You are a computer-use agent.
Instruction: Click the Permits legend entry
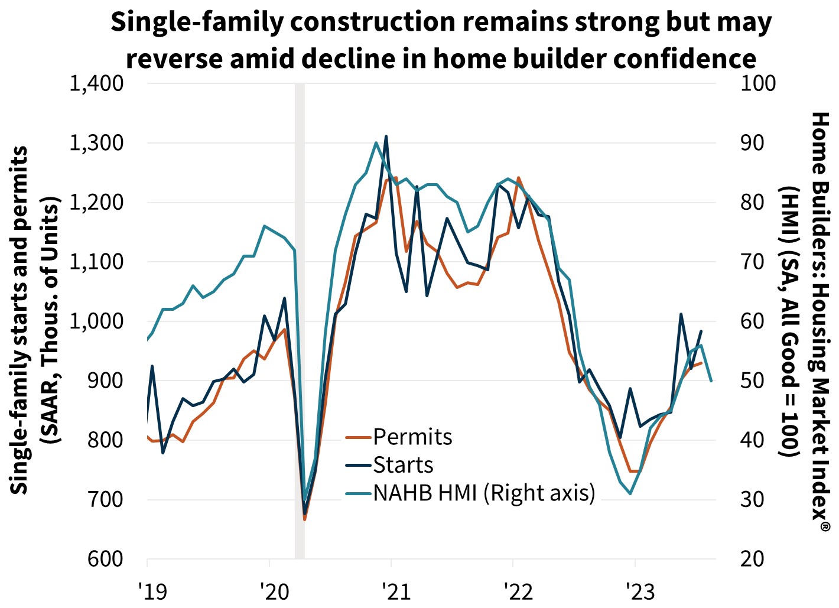[x=412, y=437]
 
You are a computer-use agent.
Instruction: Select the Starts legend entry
[x=403, y=465]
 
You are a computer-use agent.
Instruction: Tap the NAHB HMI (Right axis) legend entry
[x=484, y=492]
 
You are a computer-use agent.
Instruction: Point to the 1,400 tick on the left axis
[x=97, y=83]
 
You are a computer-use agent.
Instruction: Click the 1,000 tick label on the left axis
[x=97, y=321]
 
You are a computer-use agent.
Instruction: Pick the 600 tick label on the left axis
[x=106, y=559]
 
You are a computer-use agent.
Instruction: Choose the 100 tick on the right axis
[x=759, y=83]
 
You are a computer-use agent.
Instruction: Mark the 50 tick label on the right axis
[x=753, y=381]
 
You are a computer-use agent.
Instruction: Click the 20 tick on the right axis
[x=753, y=559]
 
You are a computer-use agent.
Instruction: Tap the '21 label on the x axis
[x=395, y=591]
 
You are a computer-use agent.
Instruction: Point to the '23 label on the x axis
[x=639, y=591]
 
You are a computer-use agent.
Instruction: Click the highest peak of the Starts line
[x=386, y=136]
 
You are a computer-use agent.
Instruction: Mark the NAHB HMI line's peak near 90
[x=376, y=142]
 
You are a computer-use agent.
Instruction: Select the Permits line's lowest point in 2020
[x=304, y=519]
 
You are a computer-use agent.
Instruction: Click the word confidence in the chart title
[x=685, y=58]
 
